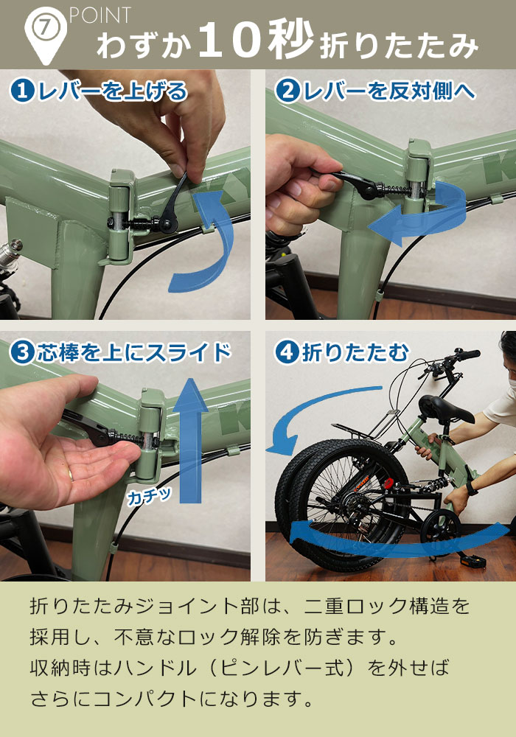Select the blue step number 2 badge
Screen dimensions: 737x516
286,91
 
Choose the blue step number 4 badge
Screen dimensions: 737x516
286,353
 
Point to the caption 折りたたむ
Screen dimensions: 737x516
355,353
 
